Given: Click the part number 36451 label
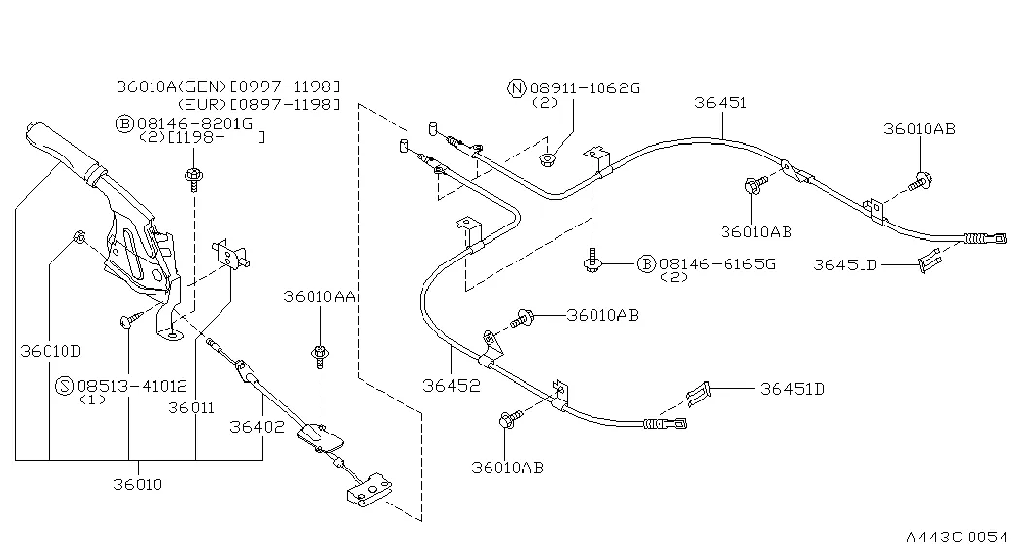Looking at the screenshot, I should [721, 103].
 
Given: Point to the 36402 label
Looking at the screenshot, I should [256, 425].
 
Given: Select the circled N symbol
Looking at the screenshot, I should [517, 88].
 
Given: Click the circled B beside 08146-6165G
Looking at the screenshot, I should [646, 263].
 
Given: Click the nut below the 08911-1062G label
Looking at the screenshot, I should [550, 158].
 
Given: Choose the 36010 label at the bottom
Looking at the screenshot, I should [137, 483].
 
